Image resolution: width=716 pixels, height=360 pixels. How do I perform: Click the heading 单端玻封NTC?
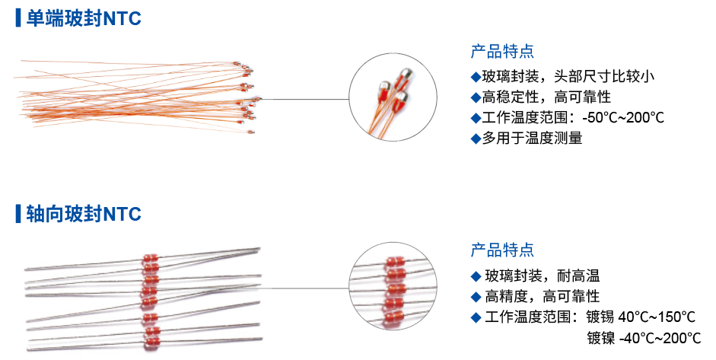click(84, 19)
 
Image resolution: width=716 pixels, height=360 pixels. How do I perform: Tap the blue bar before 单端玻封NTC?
click(18, 19)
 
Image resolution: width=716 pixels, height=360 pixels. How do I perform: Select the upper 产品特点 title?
click(502, 52)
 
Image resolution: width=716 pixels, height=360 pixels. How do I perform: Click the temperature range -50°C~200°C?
click(623, 118)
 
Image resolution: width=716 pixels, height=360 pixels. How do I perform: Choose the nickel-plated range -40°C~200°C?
click(660, 338)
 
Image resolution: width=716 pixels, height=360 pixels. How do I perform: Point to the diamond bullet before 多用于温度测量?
click(476, 139)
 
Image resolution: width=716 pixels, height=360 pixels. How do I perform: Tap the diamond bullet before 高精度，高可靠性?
click(476, 296)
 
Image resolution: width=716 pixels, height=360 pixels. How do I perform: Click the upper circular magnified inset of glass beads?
click(393, 98)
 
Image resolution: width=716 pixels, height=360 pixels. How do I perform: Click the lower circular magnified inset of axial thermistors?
click(393, 288)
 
